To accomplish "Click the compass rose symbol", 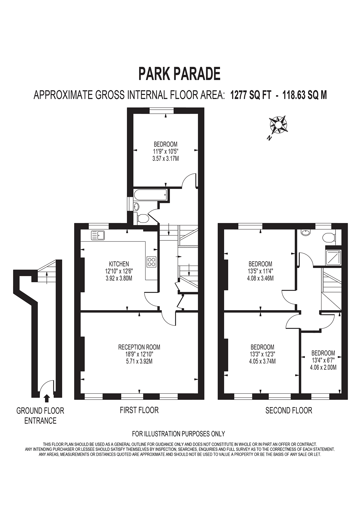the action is (x=278, y=125).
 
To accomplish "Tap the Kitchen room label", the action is (x=119, y=264).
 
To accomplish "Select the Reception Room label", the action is (x=139, y=347).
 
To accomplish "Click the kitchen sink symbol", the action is (x=98, y=235).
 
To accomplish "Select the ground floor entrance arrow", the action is (x=47, y=398).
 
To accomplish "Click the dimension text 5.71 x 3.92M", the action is (x=139, y=361).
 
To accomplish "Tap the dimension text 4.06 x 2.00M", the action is (x=323, y=367).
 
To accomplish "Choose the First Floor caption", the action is (x=139, y=410).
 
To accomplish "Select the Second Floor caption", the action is (x=289, y=410).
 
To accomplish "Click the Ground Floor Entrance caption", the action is (x=40, y=416).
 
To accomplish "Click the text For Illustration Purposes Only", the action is (x=178, y=434).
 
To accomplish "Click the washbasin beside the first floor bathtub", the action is (x=136, y=207).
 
